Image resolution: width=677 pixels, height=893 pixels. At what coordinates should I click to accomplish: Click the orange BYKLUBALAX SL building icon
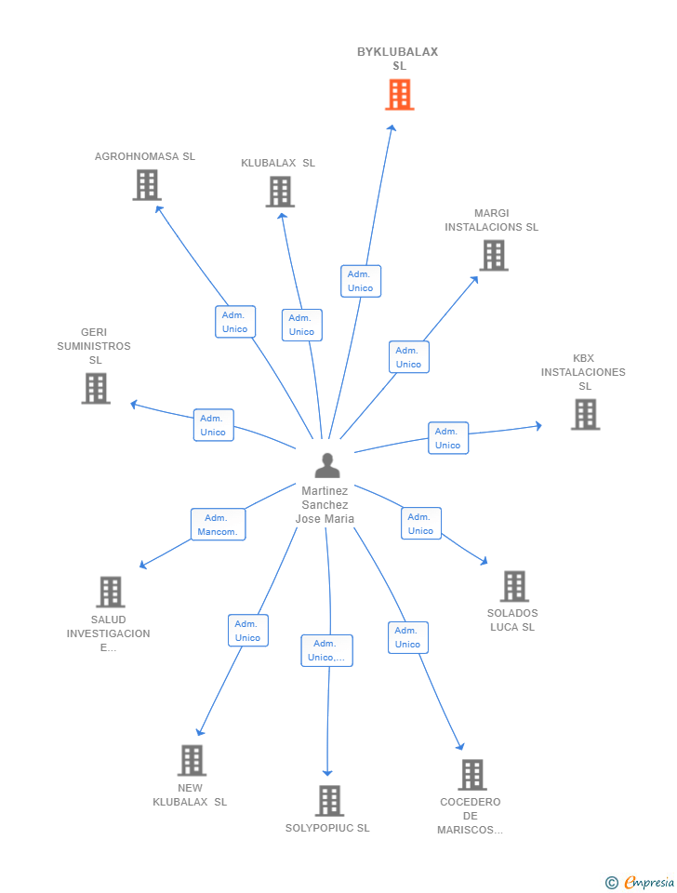point(399,95)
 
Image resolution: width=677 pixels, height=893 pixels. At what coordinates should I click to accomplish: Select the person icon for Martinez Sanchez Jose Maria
point(326,465)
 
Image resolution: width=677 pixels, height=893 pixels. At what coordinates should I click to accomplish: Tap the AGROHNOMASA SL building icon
point(146,185)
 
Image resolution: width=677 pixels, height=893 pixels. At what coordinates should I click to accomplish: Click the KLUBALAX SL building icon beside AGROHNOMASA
point(279,192)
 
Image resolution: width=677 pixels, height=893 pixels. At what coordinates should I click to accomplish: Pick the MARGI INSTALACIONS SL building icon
point(493,255)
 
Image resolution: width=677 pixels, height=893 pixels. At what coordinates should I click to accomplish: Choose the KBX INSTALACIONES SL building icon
point(584,414)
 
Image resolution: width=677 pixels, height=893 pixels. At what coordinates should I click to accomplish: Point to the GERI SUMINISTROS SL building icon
point(96,388)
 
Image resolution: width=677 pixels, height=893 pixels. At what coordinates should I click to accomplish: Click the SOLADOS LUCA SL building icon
point(513,586)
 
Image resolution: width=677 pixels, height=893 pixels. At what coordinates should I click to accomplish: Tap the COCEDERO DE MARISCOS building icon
point(471,774)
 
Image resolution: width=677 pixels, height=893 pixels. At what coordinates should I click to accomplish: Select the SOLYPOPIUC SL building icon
point(328,800)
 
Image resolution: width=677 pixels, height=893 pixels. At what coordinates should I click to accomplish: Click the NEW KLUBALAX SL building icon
point(191,760)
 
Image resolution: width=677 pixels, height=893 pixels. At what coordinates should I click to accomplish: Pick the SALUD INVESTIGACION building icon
point(110,592)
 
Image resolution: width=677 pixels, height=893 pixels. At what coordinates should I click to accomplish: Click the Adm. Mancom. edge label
point(218,525)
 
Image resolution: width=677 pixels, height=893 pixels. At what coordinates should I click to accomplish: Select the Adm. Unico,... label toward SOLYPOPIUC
point(326,650)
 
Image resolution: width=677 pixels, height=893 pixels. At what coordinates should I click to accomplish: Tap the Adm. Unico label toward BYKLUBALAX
point(360,281)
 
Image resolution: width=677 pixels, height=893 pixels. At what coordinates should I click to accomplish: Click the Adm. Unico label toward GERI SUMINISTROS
point(213,425)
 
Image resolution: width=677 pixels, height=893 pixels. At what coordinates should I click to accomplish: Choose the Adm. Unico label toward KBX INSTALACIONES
point(447,438)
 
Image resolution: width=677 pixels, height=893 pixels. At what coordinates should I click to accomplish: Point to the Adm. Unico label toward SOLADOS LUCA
point(420,524)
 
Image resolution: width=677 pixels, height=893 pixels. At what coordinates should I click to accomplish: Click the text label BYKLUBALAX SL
point(398,59)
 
